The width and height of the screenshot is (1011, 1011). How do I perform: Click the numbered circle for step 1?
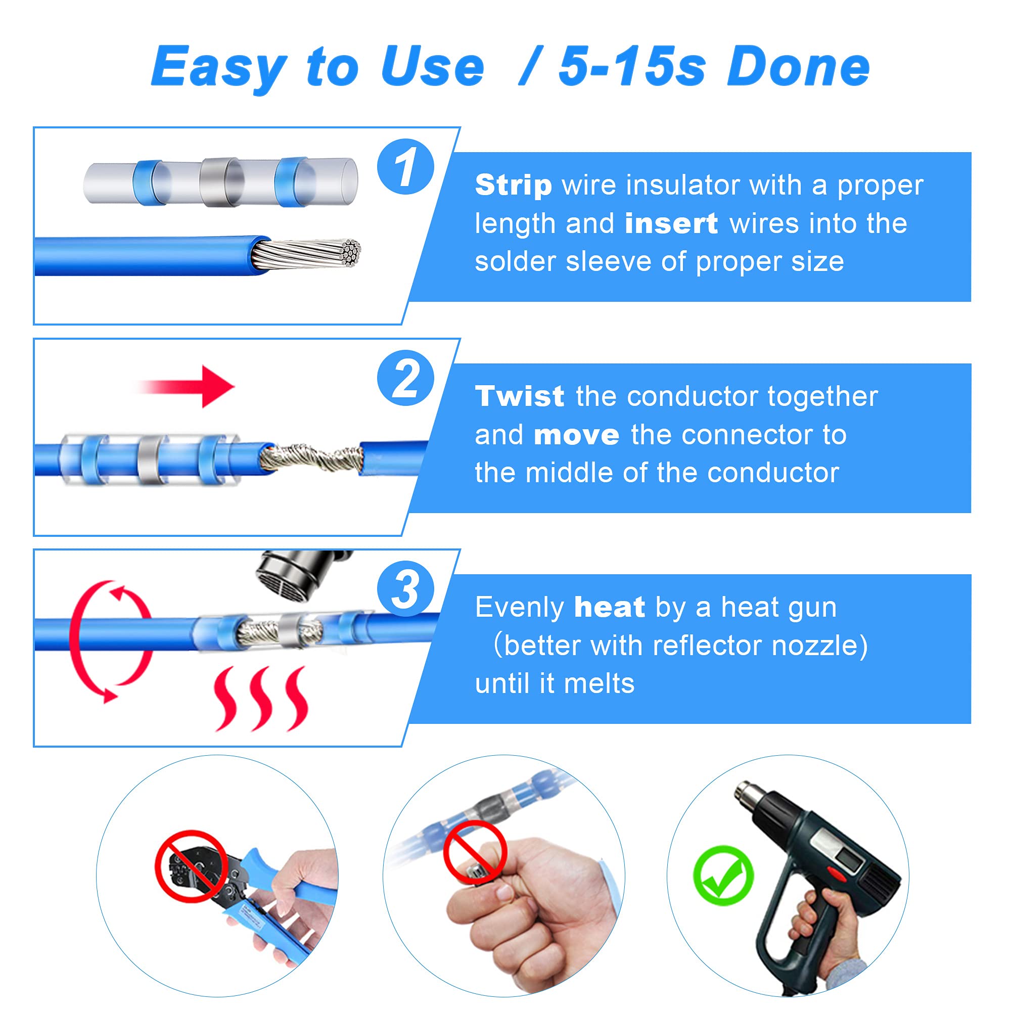[x=405, y=167]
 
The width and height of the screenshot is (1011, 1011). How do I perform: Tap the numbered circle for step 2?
[x=405, y=378]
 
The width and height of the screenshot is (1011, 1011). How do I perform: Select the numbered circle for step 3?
[x=405, y=589]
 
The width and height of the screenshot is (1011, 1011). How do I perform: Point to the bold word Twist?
[x=519, y=396]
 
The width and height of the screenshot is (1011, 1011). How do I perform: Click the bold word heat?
[x=609, y=607]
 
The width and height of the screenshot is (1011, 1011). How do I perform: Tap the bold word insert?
[x=671, y=224]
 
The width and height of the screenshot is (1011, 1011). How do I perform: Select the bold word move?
[x=577, y=435]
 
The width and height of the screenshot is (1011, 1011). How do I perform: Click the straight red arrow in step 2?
[x=189, y=387]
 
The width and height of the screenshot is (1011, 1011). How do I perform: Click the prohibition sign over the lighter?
[x=475, y=852]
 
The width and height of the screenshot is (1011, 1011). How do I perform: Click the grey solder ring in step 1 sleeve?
[x=222, y=181]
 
